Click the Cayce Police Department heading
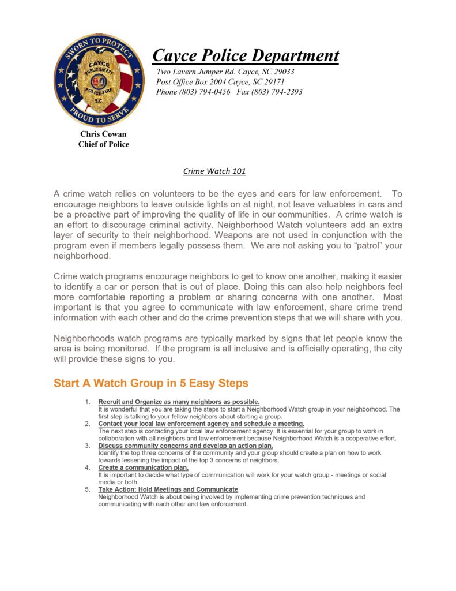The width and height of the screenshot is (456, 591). (x=246, y=56)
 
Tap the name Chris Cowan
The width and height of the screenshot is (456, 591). (x=103, y=134)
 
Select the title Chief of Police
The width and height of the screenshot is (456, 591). (x=104, y=144)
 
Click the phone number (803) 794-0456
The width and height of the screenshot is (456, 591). (x=205, y=92)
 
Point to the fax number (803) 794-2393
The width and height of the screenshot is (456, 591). (x=278, y=92)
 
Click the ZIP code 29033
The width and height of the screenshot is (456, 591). (x=282, y=72)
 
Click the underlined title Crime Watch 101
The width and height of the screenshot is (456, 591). (x=214, y=171)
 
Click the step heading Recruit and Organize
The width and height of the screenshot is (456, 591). (x=179, y=402)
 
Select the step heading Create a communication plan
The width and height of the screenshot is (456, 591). (x=144, y=467)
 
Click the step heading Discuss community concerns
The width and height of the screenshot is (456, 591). (x=185, y=446)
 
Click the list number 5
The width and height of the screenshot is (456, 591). (x=88, y=489)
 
